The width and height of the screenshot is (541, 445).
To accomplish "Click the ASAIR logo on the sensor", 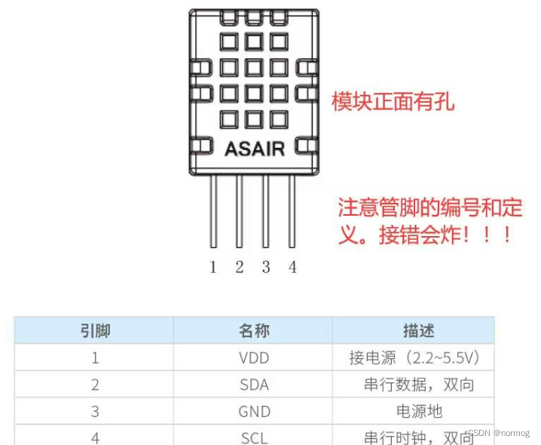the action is (x=255, y=148).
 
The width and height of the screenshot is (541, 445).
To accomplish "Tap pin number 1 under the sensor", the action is (x=213, y=267).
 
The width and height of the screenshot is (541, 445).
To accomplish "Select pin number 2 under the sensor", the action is (x=240, y=267).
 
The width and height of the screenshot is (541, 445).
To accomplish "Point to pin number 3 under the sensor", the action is (x=266, y=267).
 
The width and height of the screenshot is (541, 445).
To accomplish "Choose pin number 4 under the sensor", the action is (x=292, y=267).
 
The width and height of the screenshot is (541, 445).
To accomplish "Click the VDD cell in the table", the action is (x=254, y=358).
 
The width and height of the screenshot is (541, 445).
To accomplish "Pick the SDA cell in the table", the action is (x=254, y=385).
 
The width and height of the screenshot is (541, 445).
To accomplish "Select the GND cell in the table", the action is (x=254, y=411).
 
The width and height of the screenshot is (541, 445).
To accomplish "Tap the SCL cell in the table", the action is (x=254, y=437).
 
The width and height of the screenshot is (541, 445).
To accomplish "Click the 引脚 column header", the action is (x=95, y=330).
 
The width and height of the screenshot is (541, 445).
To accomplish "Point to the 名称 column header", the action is (x=254, y=330).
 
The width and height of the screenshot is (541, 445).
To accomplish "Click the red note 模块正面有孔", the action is (x=393, y=101).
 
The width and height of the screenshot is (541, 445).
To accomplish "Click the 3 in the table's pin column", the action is (x=95, y=411).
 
